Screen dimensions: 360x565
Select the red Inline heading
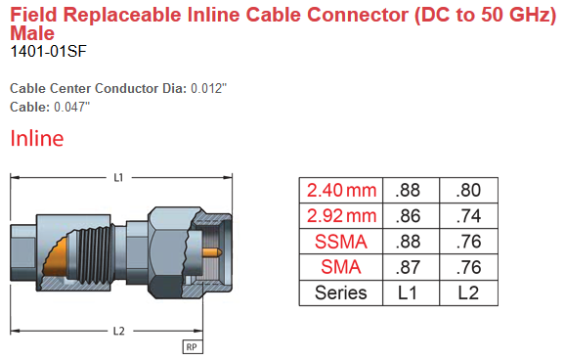[37, 139]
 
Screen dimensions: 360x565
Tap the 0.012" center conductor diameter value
[208, 89]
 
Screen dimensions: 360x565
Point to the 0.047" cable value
[74, 107]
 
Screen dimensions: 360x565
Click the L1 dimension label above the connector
[118, 178]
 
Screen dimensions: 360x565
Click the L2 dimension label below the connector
[118, 331]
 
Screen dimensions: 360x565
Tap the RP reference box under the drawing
[192, 346]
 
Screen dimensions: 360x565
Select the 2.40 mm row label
[340, 190]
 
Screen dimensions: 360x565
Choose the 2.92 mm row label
[340, 215]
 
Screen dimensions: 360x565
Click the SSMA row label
[340, 241]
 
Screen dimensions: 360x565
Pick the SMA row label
[340, 266]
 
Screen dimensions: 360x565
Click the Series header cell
[340, 292]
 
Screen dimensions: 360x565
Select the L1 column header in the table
[412, 292]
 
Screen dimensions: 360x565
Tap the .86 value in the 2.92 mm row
[412, 215]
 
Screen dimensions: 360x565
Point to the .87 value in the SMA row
[412, 266]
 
